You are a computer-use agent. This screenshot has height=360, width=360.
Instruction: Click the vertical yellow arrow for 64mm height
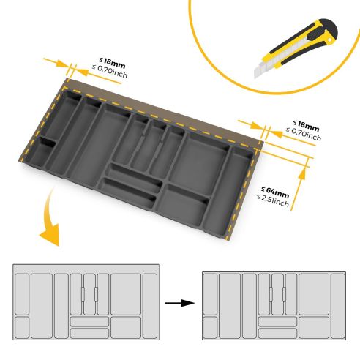[x=300, y=190]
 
